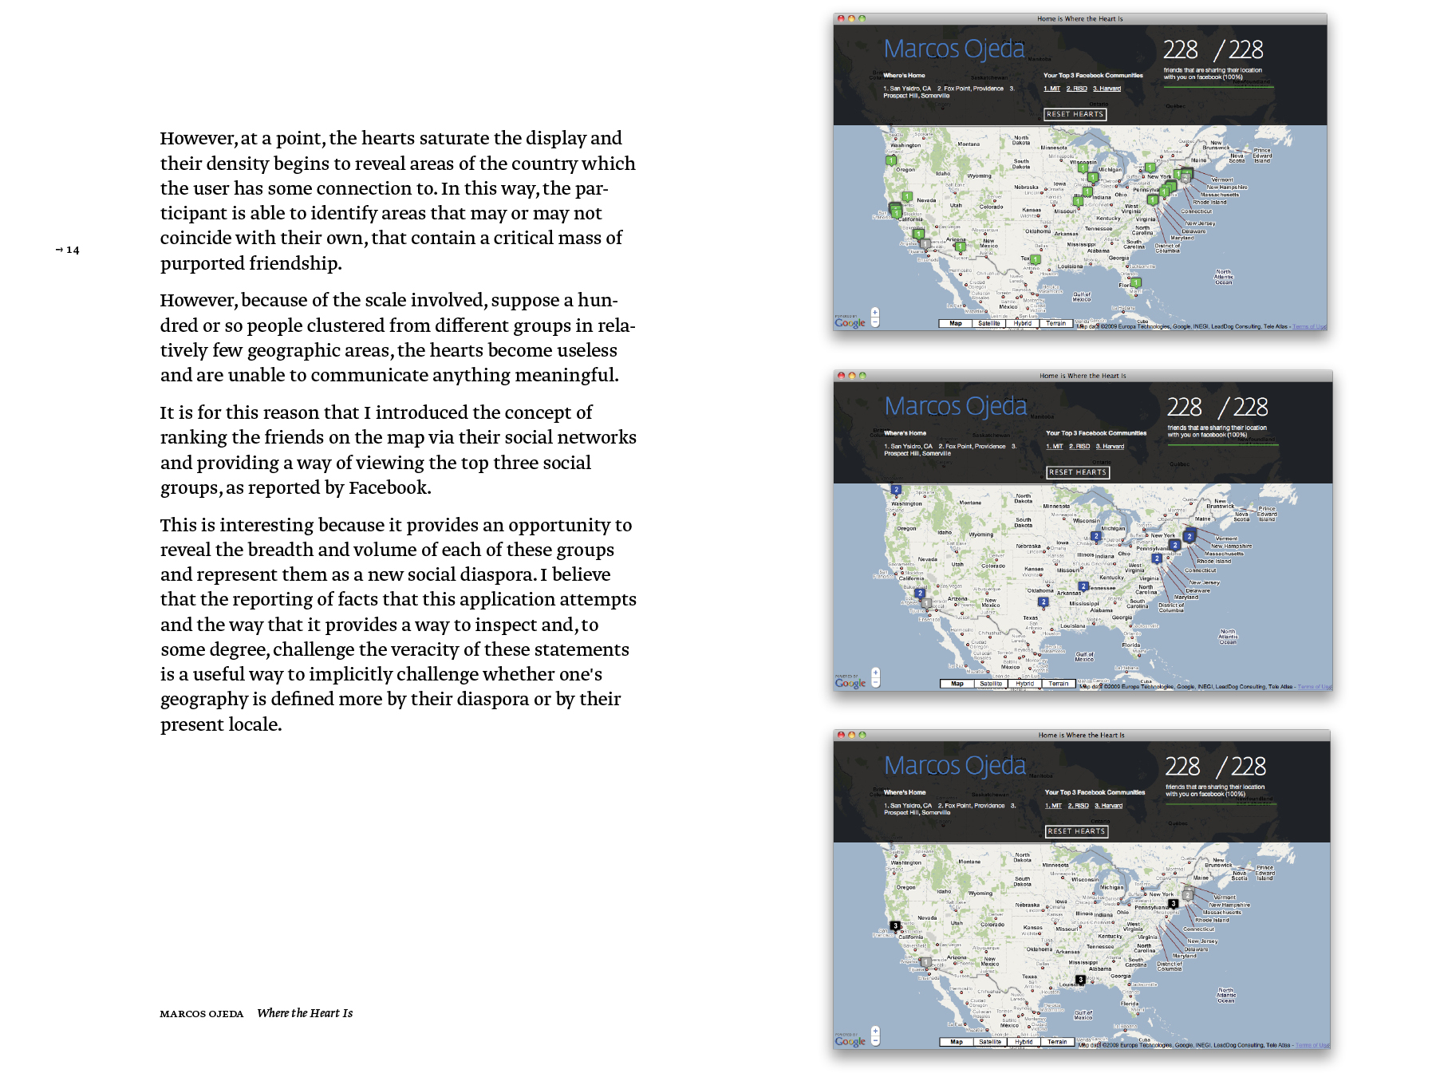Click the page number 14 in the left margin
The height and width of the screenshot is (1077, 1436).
(72, 251)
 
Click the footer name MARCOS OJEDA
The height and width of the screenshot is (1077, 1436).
(201, 1014)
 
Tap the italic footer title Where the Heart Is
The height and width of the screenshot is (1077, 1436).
(305, 1013)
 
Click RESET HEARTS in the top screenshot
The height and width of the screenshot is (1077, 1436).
(1075, 114)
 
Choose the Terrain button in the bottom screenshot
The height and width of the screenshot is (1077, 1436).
(1057, 1042)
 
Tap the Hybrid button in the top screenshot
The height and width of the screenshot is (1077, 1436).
(1023, 324)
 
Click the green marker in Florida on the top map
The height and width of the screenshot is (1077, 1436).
(1135, 282)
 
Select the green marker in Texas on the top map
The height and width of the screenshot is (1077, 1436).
(1035, 259)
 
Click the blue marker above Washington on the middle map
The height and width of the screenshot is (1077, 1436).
(896, 490)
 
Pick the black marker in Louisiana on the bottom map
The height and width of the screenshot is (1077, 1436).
(1080, 980)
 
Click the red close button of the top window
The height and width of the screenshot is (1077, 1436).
(841, 18)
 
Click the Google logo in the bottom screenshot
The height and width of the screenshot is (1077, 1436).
(850, 1041)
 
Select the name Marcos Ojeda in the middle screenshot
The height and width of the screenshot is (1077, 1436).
(955, 406)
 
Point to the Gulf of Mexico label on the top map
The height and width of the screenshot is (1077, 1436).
(1081, 297)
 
